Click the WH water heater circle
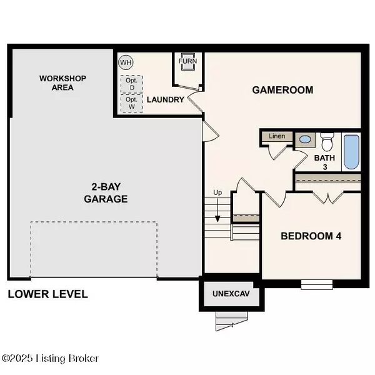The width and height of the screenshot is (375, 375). coord(126,62)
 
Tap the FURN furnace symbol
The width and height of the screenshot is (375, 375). coord(188,61)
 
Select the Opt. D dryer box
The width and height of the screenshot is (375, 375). coord(132,84)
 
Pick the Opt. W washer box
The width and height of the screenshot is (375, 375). coord(132,103)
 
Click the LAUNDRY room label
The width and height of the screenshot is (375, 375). coord(165,99)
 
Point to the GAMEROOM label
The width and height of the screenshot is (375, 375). coord(282,90)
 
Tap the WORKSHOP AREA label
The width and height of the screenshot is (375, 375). coord(62,83)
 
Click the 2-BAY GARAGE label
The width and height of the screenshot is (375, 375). coord(106,192)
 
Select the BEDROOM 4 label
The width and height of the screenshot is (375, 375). coord(311,236)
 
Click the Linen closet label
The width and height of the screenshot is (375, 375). coord(277,136)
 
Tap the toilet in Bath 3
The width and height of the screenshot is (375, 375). coord(327,142)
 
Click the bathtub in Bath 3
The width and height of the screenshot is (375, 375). coord(351,152)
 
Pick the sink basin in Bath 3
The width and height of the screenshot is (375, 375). coord(306,139)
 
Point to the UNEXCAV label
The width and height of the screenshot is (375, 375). coord(231,294)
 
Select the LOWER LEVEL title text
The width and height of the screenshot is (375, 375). coord(48,294)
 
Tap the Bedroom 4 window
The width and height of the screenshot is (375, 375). coord(317,284)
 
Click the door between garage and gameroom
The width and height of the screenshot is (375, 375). coord(211,132)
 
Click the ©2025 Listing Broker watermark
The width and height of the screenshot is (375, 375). coord(50,359)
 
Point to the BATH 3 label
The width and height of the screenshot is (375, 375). coord(324,162)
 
